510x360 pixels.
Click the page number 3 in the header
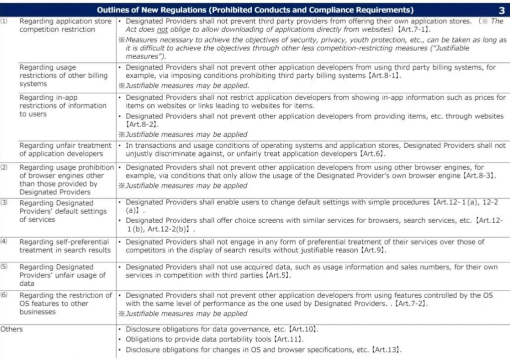click(x=501, y=10)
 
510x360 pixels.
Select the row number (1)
click(x=4, y=21)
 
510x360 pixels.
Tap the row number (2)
click(x=4, y=167)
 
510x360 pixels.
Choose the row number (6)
click(x=4, y=295)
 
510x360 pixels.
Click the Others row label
click(x=12, y=329)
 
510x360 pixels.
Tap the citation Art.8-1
click(x=383, y=75)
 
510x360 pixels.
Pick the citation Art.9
click(x=372, y=250)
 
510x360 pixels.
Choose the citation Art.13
click(x=386, y=350)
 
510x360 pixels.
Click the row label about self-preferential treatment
click(x=65, y=246)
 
